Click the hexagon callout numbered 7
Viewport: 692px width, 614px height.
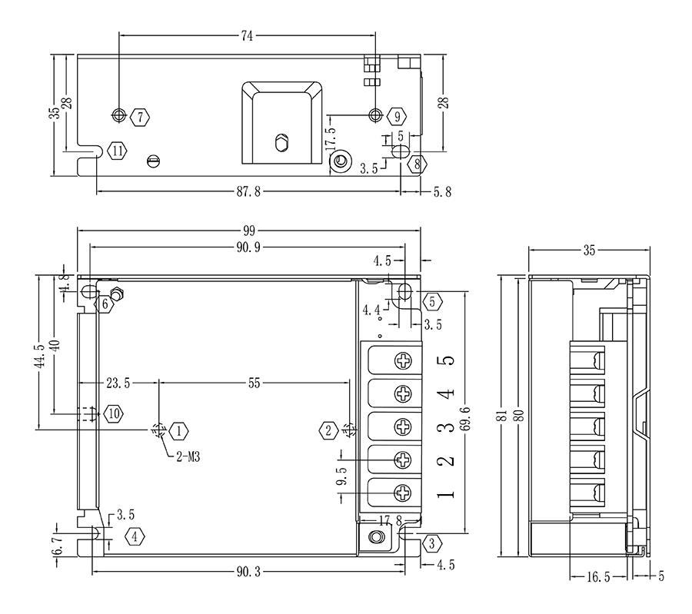140,117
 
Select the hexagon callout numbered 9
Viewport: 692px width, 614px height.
396,117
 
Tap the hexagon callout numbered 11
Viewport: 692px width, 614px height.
117,151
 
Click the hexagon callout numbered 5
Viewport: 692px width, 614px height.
431,301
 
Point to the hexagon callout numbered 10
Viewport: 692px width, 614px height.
114,413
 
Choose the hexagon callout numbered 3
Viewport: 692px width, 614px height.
431,543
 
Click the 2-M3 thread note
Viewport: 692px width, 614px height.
188,456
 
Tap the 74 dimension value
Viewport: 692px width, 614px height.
247,35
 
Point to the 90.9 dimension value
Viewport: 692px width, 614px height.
249,246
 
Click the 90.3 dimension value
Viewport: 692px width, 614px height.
248,572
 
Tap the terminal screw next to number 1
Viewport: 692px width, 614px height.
403,493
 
